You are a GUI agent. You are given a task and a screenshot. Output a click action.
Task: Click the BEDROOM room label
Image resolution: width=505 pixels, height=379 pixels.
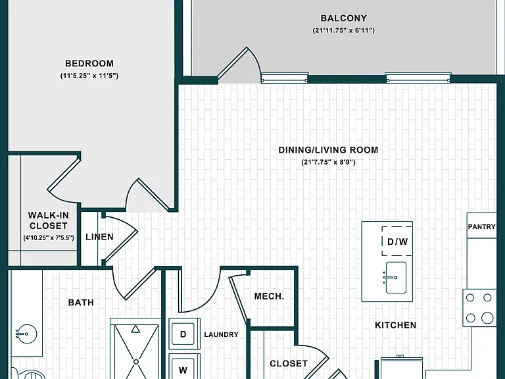pyautogui.click(x=89, y=63)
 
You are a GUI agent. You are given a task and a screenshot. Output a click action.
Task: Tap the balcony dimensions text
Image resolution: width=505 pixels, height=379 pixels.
pyautogui.click(x=344, y=31)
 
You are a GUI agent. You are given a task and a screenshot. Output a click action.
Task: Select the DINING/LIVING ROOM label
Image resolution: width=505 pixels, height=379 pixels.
pyautogui.click(x=328, y=150)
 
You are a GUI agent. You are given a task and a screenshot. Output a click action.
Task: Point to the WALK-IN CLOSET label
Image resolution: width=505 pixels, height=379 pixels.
pyautogui.click(x=48, y=220)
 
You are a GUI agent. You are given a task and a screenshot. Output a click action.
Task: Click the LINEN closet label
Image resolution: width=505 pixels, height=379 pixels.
pyautogui.click(x=99, y=237)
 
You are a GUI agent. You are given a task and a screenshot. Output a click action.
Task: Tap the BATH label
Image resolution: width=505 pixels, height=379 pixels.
pyautogui.click(x=81, y=302)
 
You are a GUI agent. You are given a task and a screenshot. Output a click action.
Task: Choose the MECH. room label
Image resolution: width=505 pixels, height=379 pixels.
pyautogui.click(x=269, y=296)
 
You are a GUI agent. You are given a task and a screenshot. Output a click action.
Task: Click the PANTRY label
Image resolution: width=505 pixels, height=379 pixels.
pyautogui.click(x=481, y=226)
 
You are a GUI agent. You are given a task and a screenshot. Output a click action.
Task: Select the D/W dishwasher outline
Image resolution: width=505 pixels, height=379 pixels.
pyautogui.click(x=397, y=241)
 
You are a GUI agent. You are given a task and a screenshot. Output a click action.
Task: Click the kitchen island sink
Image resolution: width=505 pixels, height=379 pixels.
pyautogui.click(x=396, y=278)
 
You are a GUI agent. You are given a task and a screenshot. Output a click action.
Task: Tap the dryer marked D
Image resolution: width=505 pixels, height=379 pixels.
pyautogui.click(x=184, y=334)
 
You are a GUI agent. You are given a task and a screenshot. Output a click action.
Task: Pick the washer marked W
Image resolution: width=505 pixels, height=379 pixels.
pyautogui.click(x=184, y=366)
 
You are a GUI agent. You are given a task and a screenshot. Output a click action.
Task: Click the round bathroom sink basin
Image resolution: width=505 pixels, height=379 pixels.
pyautogui.click(x=27, y=334)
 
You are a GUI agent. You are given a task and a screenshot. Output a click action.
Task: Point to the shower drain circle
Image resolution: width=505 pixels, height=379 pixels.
pyautogui.click(x=136, y=362)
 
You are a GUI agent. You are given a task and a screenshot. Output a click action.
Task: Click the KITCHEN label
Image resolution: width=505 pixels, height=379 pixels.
pyautogui.click(x=395, y=325)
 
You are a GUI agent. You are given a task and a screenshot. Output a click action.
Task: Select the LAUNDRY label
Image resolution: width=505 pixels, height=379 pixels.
pyautogui.click(x=221, y=334)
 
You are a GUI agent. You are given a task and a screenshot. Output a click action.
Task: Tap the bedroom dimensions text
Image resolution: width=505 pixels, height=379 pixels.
pyautogui.click(x=89, y=76)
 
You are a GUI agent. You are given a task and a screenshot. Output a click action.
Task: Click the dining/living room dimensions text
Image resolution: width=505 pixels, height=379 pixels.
pyautogui.click(x=328, y=162)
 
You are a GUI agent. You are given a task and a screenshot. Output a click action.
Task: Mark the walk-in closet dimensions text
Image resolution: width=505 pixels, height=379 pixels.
pyautogui.click(x=48, y=238)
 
